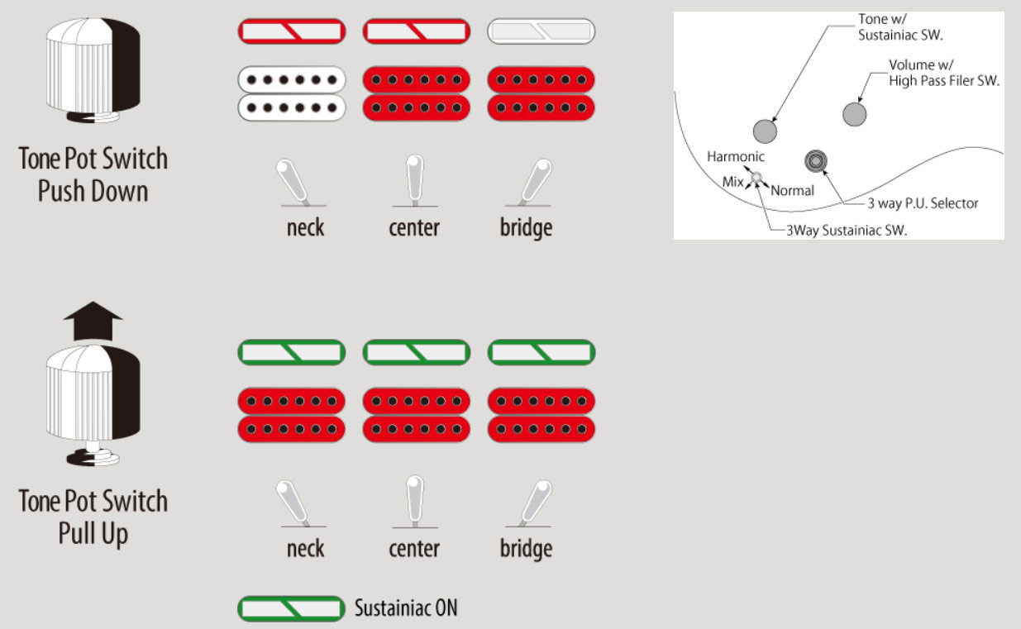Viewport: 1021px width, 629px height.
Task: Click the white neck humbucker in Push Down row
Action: tap(291, 94)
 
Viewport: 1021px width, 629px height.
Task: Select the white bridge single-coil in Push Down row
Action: tap(542, 31)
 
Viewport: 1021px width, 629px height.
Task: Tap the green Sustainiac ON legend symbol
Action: tap(291, 609)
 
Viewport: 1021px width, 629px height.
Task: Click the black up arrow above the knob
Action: tap(93, 321)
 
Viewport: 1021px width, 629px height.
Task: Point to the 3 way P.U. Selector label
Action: tap(923, 203)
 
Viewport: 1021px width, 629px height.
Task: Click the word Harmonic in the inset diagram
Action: tap(736, 156)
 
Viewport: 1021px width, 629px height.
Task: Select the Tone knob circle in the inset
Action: tap(766, 130)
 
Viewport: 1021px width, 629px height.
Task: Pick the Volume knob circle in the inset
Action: tap(855, 114)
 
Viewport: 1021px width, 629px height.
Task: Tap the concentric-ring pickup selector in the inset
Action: tap(818, 161)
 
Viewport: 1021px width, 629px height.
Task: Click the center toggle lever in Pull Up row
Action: tap(414, 500)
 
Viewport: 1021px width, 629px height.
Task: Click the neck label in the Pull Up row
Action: tap(305, 549)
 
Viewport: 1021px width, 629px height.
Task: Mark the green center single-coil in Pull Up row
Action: tap(417, 353)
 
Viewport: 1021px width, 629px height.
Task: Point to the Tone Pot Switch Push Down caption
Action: tap(93, 174)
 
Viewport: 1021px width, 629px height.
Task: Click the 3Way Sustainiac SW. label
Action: tap(847, 231)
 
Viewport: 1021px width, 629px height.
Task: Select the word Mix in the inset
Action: tap(732, 181)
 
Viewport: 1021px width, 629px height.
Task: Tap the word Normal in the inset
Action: tap(792, 190)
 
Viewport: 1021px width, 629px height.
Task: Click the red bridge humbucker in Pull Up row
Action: tap(542, 415)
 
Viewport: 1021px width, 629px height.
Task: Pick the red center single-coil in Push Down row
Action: tap(417, 31)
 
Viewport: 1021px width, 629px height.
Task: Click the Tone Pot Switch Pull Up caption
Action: tap(93, 517)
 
